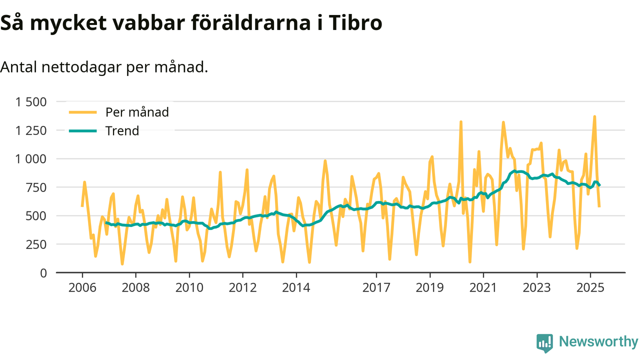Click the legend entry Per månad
coord(136,112)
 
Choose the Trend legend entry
coord(122,131)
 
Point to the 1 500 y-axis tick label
coord(31,102)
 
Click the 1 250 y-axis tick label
coord(31,130)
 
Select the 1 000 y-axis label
coord(31,159)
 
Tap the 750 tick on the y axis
coord(36,187)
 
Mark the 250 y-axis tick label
coord(36,244)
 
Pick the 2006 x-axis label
coord(82,288)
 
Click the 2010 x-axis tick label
coord(189,288)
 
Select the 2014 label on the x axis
coord(296,288)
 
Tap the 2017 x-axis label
coord(376,288)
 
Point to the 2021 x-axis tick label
coord(483,288)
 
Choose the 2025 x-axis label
coord(590,288)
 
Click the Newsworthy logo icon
coord(544,342)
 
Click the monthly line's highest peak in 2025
coord(594,116)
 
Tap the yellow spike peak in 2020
coord(460,121)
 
